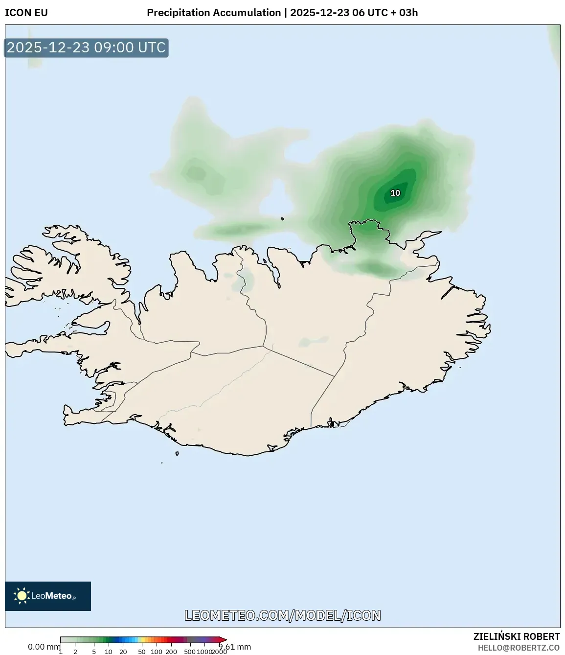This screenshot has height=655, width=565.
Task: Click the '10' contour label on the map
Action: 395,193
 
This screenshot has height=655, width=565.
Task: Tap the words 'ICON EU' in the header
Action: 26,13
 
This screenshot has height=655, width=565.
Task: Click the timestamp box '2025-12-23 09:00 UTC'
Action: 86,48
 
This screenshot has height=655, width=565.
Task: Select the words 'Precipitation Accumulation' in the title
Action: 214,13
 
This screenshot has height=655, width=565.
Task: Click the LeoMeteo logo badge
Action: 48,596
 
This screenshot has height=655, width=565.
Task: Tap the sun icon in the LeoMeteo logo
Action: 22,596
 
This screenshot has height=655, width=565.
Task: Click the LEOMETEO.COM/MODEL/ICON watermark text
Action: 282,615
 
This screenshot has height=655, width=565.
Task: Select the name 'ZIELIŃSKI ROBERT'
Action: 516,636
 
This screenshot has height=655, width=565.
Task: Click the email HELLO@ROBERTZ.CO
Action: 519,648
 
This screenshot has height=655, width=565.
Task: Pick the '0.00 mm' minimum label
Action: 44,647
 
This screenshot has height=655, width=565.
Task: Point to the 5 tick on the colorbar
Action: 94,652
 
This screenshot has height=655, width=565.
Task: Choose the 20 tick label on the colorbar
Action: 123,652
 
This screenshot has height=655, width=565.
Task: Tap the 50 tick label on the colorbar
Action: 142,652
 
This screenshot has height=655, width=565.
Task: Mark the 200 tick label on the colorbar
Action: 171,652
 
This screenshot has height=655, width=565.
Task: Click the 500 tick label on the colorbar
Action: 190,652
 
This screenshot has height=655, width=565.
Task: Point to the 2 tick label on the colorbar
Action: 75,652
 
